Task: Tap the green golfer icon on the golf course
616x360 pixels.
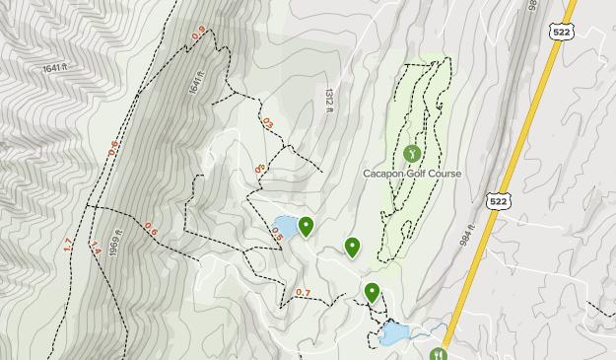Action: [x=412, y=154]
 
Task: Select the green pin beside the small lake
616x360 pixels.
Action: [x=307, y=227]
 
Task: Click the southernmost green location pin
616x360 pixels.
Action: [x=372, y=292]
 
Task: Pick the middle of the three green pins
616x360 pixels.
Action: [x=352, y=247]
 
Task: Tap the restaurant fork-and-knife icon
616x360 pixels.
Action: [x=439, y=353]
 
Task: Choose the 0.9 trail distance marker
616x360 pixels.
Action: [x=199, y=34]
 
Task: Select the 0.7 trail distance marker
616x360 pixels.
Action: [x=303, y=292]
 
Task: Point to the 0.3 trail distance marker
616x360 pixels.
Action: [x=260, y=169]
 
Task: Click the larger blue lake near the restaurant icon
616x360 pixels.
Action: [x=395, y=334]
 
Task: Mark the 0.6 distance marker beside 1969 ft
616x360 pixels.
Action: [x=151, y=230]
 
